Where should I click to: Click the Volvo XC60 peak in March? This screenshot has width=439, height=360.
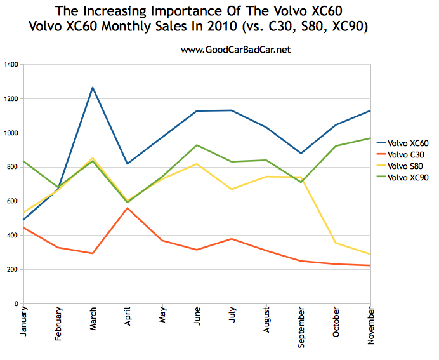pyautogui.click(x=93, y=88)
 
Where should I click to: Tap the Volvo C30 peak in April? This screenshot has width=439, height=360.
pyautogui.click(x=128, y=208)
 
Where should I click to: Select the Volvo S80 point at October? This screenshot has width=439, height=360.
pyautogui.click(x=336, y=243)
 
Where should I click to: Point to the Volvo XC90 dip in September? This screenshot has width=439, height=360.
pyautogui.click(x=301, y=182)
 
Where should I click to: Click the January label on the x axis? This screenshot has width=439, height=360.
pyautogui.click(x=24, y=326)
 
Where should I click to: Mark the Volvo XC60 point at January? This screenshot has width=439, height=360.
pyautogui.click(x=23, y=220)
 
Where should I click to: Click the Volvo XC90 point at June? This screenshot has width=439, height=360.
pyautogui.click(x=197, y=145)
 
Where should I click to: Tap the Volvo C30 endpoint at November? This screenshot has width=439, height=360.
pyautogui.click(x=370, y=265)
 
